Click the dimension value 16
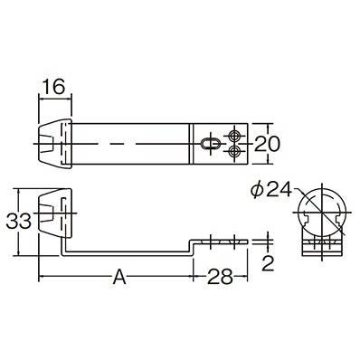pos(53,87)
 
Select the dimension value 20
pos(267,144)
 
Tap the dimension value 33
pos(19,222)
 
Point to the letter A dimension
pos(119,277)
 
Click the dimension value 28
pos(220,277)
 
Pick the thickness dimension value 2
pos(268,263)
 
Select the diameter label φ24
pos(271,191)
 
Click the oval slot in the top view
pos(211,144)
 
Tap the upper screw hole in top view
pos(234,137)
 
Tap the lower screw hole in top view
pos(234,151)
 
